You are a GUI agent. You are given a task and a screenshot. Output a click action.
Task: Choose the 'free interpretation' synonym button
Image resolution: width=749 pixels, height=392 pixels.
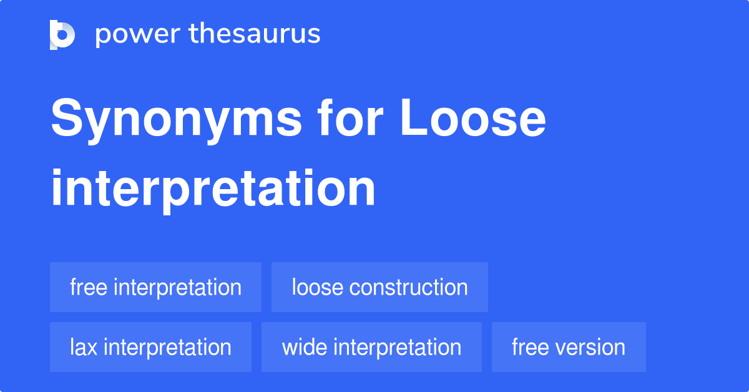[x=155, y=287]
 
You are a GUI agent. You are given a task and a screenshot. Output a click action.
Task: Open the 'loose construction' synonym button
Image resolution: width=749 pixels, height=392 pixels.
[x=379, y=287]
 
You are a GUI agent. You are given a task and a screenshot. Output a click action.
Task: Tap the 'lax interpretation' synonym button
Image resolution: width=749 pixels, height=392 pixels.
[x=150, y=347]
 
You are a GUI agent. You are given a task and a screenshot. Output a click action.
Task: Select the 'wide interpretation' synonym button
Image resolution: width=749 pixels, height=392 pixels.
[x=371, y=347]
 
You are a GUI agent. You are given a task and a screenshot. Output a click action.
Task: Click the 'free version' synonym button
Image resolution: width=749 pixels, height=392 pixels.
[x=569, y=347]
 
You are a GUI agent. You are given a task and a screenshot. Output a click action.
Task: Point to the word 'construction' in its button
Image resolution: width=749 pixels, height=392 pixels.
[x=408, y=287]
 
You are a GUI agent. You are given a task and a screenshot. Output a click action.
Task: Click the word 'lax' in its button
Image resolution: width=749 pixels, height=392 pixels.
[x=84, y=347]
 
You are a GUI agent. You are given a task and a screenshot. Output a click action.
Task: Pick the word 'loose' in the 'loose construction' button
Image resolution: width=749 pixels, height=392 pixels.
[x=317, y=287]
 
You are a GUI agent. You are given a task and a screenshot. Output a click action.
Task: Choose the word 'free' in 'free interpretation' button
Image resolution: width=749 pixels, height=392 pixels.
[x=89, y=287]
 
